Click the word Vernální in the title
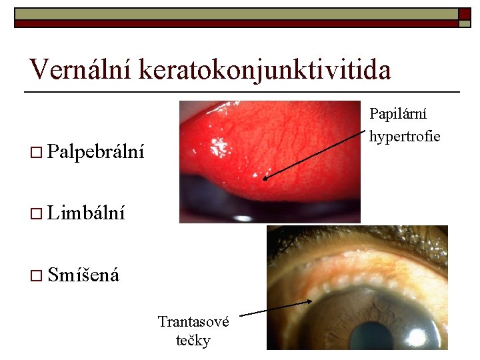[80, 69]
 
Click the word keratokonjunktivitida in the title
[265, 69]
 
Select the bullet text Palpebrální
[97, 151]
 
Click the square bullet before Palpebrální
[36, 152]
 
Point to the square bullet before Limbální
[36, 213]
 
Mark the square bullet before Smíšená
[36, 274]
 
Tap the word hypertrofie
[405, 137]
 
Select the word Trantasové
[193, 322]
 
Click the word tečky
[193, 341]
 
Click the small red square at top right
[464, 13]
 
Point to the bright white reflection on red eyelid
[218, 143]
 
